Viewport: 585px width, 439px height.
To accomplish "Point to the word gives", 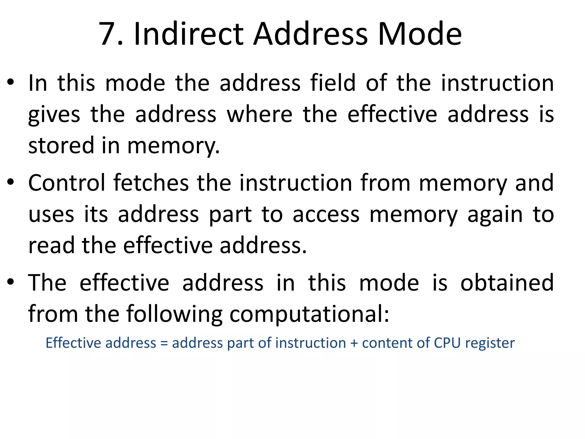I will tap(54, 115).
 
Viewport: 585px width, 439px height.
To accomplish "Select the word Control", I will tap(67, 183).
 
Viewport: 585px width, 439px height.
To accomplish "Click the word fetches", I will tap(151, 183).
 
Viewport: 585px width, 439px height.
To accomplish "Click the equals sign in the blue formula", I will tap(164, 343).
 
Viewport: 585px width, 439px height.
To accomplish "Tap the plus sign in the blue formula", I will tap(354, 343).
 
